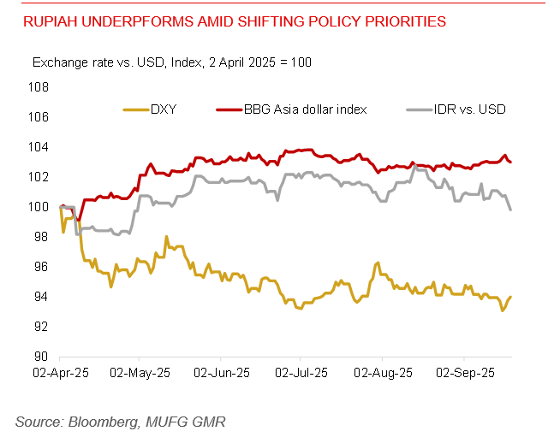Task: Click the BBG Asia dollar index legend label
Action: point(306,109)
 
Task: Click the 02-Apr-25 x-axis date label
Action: point(60,374)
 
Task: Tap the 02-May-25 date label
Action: point(140,374)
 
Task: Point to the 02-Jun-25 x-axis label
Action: point(221,374)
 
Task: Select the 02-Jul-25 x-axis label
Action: point(301,374)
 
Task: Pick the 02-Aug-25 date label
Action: point(382,374)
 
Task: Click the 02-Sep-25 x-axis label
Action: point(463,374)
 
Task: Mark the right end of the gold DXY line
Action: point(510,297)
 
